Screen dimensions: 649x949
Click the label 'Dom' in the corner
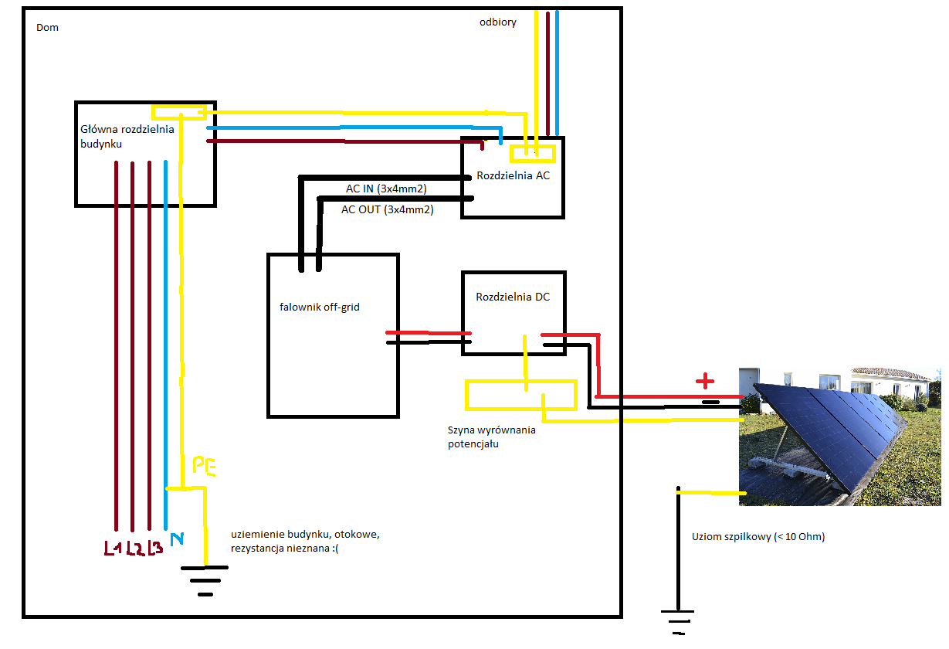pyautogui.click(x=47, y=28)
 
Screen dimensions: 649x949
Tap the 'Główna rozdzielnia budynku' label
pyautogui.click(x=127, y=136)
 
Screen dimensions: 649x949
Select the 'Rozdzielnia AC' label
pyautogui.click(x=513, y=175)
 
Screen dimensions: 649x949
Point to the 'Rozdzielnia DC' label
pyautogui.click(x=513, y=297)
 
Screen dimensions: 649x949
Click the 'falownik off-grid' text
pyautogui.click(x=320, y=308)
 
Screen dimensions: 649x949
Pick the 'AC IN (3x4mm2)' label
pyautogui.click(x=386, y=189)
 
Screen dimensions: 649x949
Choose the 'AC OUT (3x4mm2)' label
pyautogui.click(x=387, y=209)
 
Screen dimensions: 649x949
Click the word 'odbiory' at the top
pyautogui.click(x=497, y=22)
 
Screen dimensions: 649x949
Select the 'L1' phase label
pyautogui.click(x=114, y=549)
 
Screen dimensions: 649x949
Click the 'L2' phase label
pyautogui.click(x=134, y=549)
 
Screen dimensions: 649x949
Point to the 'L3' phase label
pyautogui.click(x=154, y=549)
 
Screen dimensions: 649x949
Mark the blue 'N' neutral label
pyautogui.click(x=176, y=539)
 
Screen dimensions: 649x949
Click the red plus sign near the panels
pyautogui.click(x=704, y=381)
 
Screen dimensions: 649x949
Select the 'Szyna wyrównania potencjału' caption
pyautogui.click(x=491, y=437)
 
